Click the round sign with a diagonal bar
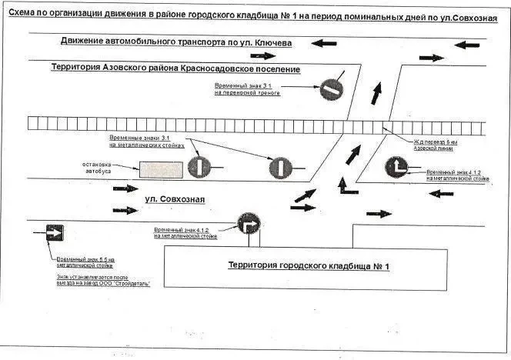coord(332,87)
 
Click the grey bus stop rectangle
coord(160,169)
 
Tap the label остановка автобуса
coord(98,168)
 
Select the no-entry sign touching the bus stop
coord(199,165)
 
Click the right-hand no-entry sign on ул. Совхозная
coord(280,166)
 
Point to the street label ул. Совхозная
coord(175,200)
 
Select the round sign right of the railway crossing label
coord(398,168)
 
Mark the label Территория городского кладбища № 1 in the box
coord(309,266)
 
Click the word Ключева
coord(270,43)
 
